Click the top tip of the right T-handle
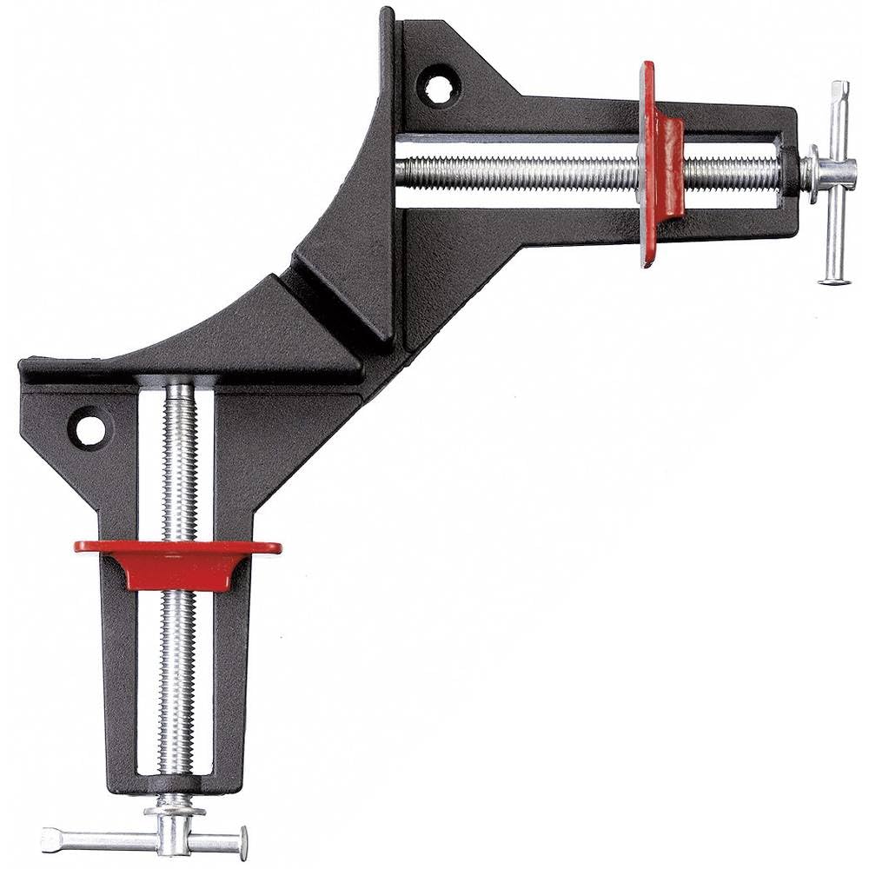point(839,88)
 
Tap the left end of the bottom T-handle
point(49,839)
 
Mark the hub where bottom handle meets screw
point(175,813)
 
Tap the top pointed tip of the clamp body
point(388,14)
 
